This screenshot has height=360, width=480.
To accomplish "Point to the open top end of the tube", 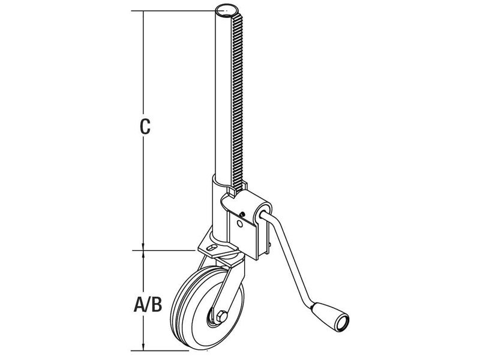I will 227,10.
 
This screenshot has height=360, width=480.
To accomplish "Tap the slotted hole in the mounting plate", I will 212,246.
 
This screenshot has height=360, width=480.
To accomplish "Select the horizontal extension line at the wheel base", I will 165,350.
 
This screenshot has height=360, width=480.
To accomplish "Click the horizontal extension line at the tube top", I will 174,10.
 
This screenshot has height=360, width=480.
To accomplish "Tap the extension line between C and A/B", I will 171,250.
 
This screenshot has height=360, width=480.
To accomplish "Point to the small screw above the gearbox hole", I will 242,213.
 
